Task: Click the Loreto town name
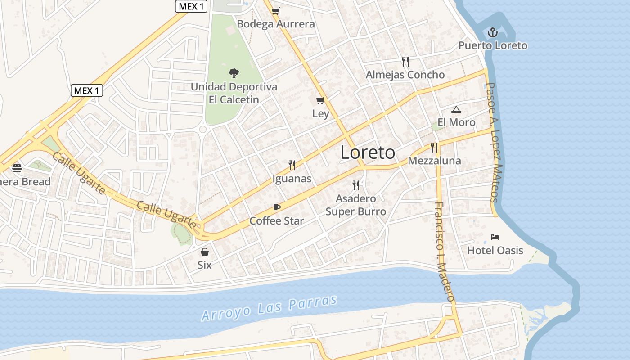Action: point(368,153)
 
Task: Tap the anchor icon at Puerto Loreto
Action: point(493,32)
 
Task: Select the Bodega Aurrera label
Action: point(276,24)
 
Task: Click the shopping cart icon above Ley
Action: point(320,100)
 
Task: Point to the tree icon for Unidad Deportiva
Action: point(234,73)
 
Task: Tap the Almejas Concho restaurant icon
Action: point(405,61)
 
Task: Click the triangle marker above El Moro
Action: point(456,109)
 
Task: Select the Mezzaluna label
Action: point(434,161)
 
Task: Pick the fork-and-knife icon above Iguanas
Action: point(292,165)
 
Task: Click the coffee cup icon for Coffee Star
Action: point(277,207)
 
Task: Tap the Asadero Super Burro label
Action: point(356,205)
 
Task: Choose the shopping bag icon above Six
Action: point(205,252)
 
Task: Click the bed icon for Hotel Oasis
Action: point(495,237)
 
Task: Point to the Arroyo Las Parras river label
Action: point(269,308)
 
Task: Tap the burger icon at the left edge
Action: point(17,168)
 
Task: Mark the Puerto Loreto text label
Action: point(493,45)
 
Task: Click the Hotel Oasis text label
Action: point(495,250)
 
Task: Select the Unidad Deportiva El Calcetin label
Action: point(234,93)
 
